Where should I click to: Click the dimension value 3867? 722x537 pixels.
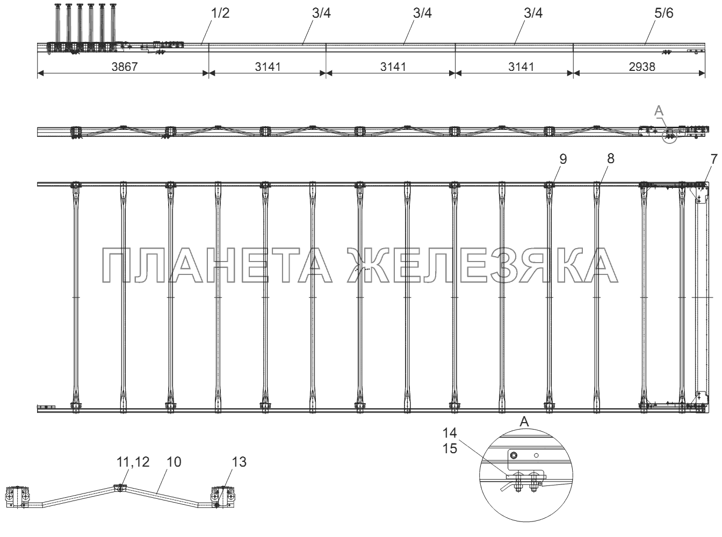[x=124, y=67]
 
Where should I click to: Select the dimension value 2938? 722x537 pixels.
[x=641, y=67]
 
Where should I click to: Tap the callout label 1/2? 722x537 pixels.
[x=220, y=13]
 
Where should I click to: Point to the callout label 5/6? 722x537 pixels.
[x=664, y=13]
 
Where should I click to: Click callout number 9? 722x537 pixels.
[x=563, y=159]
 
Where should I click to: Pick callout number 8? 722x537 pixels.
[x=611, y=158]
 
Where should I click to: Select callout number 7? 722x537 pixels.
[x=713, y=159]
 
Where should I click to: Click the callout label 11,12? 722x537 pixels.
[x=133, y=462]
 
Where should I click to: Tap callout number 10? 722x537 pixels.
[x=174, y=462]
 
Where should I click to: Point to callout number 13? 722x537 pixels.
[x=239, y=462]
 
